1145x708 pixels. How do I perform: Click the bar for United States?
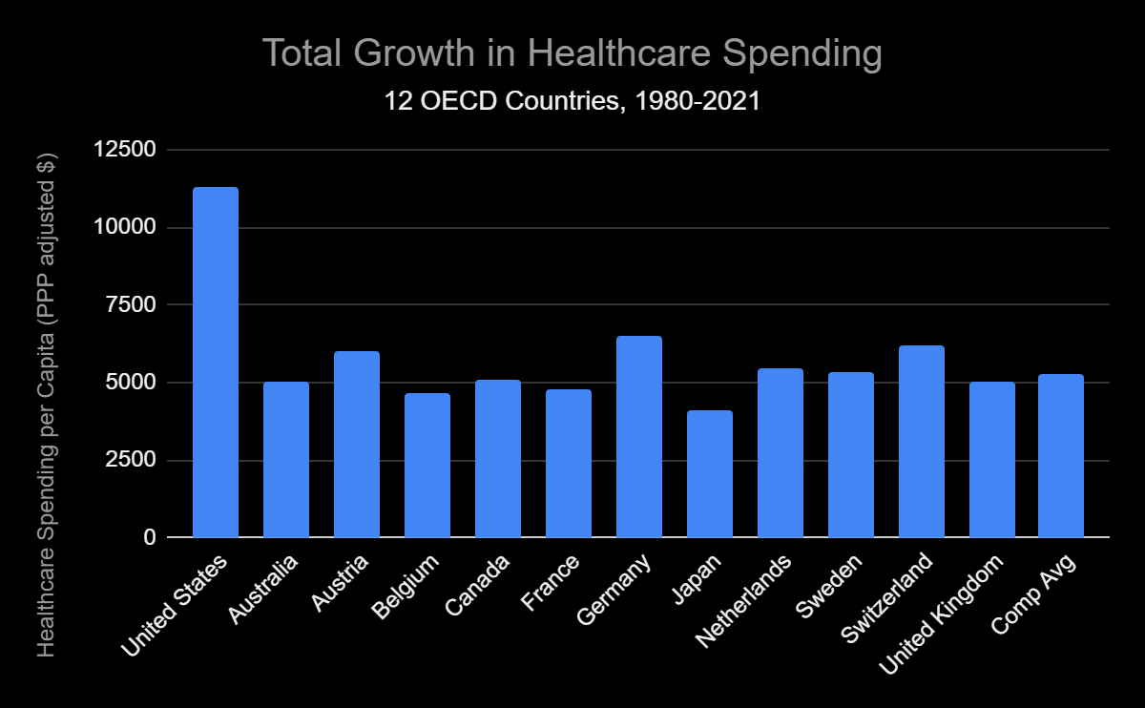(x=216, y=363)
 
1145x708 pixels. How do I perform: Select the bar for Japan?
(x=710, y=474)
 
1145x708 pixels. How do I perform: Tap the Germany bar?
(x=639, y=437)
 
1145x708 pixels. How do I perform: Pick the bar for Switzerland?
(x=922, y=442)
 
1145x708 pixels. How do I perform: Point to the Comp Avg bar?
(x=1061, y=456)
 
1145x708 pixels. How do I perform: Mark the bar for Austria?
(x=357, y=445)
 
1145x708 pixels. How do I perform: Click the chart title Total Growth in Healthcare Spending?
(x=572, y=54)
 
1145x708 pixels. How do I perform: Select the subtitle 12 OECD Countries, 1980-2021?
(x=572, y=101)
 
